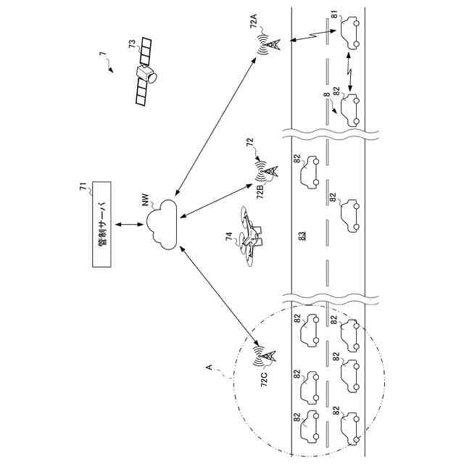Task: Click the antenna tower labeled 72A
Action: point(269,46)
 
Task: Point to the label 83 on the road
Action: point(302,235)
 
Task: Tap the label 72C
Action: point(265,380)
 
